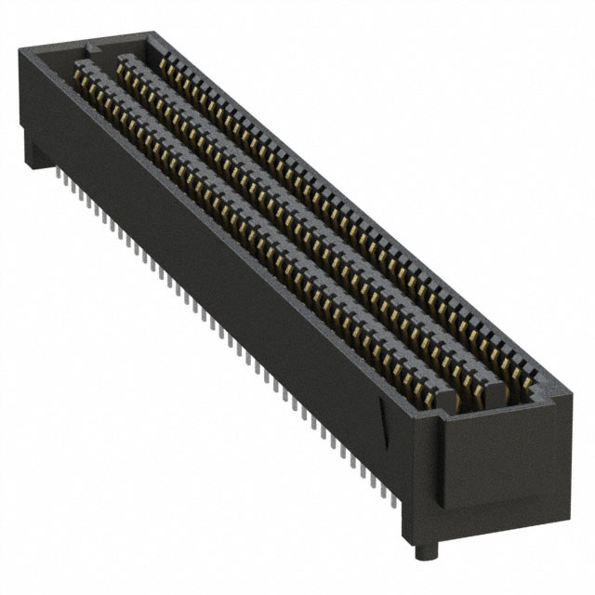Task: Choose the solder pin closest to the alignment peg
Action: pyautogui.click(x=398, y=502)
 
